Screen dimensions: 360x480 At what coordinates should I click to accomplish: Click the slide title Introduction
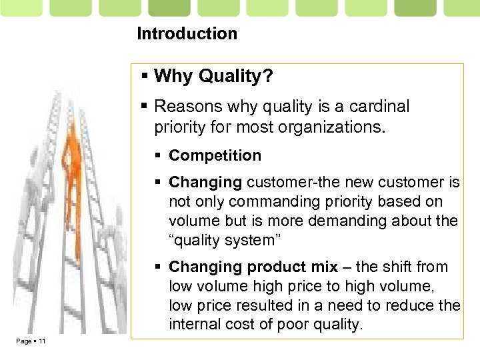[x=187, y=33]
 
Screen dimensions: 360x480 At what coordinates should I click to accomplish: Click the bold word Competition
[x=215, y=156]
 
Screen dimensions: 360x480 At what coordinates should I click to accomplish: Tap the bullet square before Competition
[x=159, y=156]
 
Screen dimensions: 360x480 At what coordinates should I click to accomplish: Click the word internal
[x=193, y=324]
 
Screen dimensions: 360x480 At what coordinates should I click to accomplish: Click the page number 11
[x=41, y=342]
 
